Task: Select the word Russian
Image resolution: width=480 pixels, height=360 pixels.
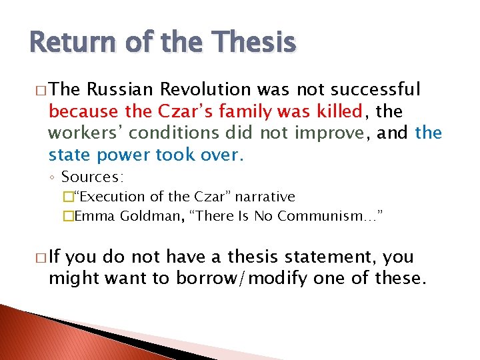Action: [x=116, y=89]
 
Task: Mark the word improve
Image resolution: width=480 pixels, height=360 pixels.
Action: [x=326, y=133]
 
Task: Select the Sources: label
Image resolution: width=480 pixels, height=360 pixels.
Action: [x=93, y=177]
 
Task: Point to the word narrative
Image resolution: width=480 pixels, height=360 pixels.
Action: [x=263, y=197]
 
